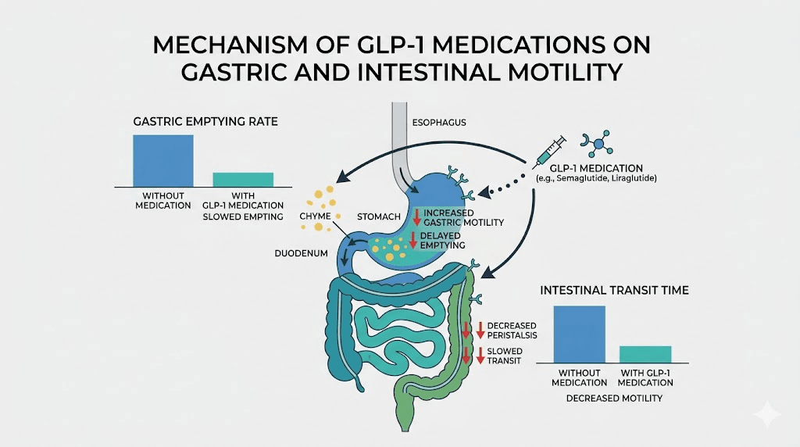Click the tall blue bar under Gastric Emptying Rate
click(162, 160)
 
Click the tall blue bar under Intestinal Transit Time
click(579, 334)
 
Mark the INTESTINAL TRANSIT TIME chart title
click(614, 291)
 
